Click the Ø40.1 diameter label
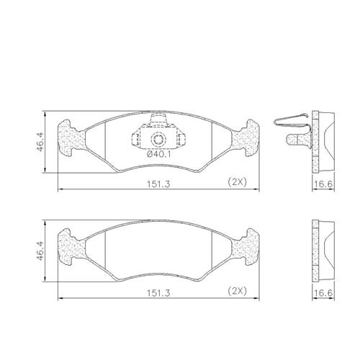click(158, 154)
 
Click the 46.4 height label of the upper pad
click(40, 143)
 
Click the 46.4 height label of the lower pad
click(40, 251)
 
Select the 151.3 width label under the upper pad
click(158, 184)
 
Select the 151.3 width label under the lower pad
click(158, 293)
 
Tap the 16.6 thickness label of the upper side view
click(323, 184)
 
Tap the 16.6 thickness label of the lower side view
click(323, 293)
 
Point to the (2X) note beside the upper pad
click(237, 182)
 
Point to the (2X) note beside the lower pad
click(237, 291)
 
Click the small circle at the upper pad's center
click(158, 139)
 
